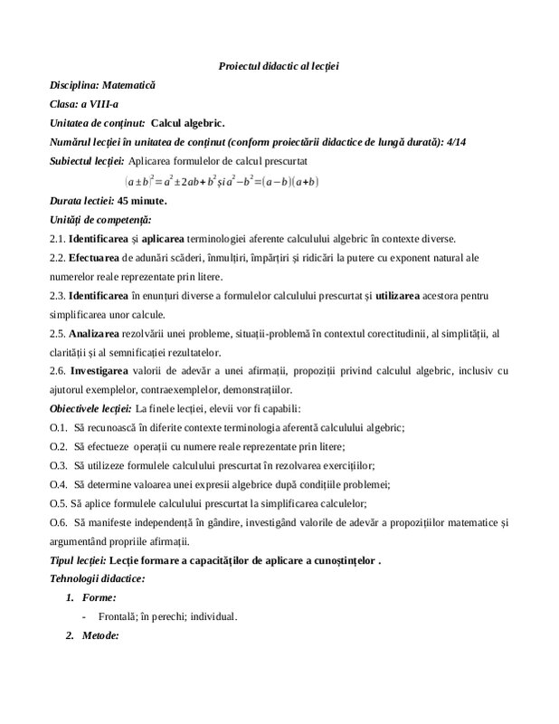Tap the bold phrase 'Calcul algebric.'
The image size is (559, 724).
point(189,123)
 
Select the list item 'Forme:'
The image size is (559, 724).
point(98,598)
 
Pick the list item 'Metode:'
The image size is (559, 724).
point(100,636)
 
